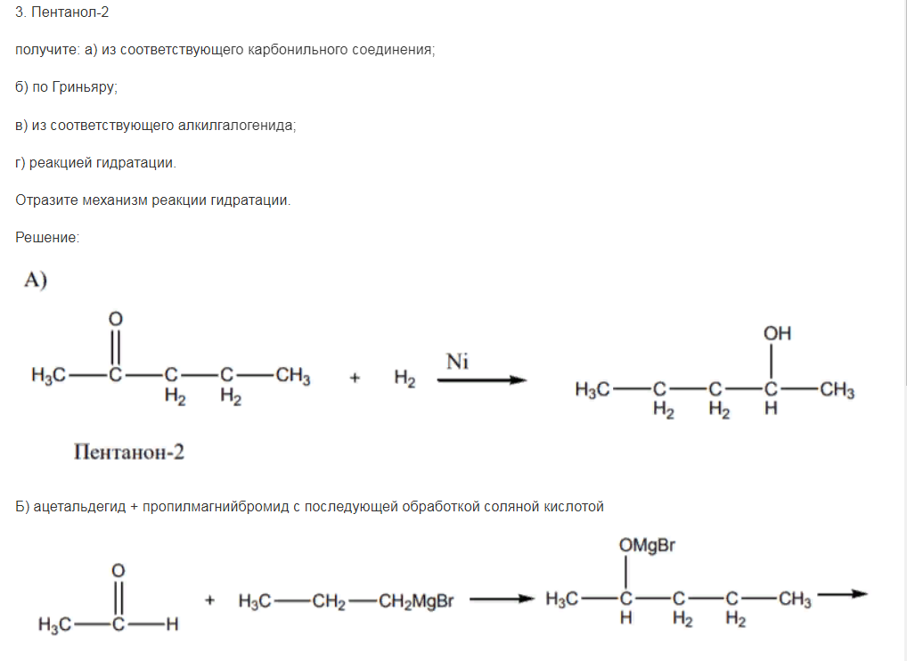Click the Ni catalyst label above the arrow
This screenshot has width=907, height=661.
point(457,362)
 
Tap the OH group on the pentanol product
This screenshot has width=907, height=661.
point(777,333)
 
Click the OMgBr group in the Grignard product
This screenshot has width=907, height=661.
point(647,545)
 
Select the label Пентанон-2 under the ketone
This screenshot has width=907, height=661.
point(129,452)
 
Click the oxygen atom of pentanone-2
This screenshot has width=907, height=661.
point(116,319)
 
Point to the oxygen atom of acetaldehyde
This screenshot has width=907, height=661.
point(118,571)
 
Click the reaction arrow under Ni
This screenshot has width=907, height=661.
point(482,380)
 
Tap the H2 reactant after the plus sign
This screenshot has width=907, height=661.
point(404,379)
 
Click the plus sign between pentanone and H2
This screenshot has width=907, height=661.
point(355,379)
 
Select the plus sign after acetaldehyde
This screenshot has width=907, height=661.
point(210,600)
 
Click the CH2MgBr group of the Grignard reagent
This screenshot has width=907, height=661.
point(416,601)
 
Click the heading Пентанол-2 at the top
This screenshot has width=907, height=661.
point(70,12)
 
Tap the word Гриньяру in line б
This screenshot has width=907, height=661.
point(85,87)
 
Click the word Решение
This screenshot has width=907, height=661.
point(47,237)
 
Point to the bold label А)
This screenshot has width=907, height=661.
point(36,280)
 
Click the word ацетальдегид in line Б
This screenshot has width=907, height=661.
point(79,507)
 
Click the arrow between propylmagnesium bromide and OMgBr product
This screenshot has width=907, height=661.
point(502,600)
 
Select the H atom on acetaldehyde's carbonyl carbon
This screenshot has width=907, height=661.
point(172,624)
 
